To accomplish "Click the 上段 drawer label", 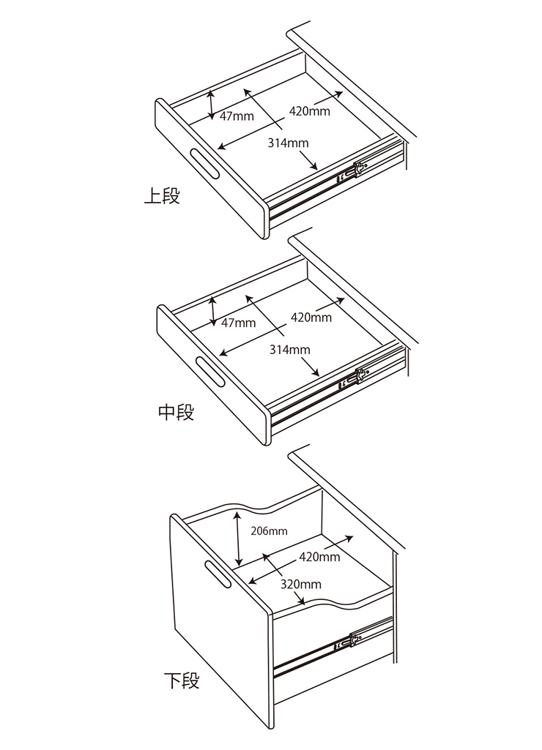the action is (162, 197).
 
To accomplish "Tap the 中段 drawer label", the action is (177, 412).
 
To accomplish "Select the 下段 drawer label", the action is (182, 680).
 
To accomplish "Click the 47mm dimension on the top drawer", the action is (237, 116).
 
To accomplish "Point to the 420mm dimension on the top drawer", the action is (310, 111).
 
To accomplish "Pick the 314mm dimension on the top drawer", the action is (288, 143).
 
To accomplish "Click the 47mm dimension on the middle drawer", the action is (239, 323).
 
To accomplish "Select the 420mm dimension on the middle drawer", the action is (311, 317).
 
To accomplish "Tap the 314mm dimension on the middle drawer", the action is (289, 350).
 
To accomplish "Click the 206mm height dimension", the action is (269, 531).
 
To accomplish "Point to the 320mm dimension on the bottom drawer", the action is (301, 584).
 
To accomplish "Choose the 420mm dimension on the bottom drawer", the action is (320, 557).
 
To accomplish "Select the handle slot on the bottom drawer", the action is (218, 573).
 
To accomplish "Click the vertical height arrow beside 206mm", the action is (238, 539).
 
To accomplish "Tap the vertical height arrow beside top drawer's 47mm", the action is (212, 105).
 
